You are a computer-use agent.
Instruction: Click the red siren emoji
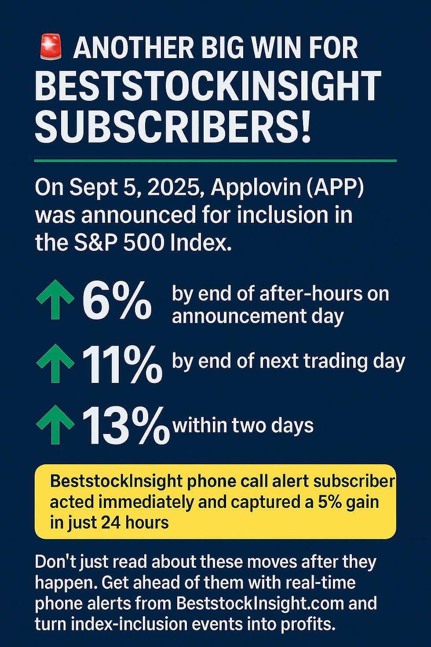(51, 48)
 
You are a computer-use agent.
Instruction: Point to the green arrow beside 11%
(55, 364)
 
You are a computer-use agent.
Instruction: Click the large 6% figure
(117, 301)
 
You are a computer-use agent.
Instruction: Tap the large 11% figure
(122, 364)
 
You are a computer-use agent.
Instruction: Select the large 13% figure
(125, 425)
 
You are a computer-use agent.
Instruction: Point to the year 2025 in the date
(175, 188)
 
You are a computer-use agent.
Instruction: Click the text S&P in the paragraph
(96, 243)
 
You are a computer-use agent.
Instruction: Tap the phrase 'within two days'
(243, 426)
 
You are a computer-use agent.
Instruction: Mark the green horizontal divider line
(215, 161)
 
